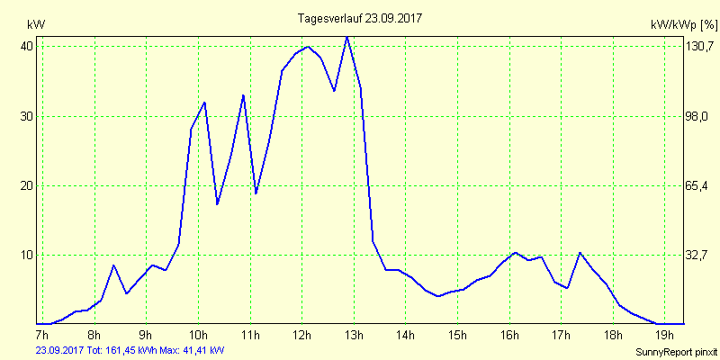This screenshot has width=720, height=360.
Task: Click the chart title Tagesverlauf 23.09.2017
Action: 360,18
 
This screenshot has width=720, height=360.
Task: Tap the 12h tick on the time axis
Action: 302,335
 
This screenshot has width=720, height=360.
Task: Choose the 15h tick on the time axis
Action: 458,335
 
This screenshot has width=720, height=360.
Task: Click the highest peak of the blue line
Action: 347,37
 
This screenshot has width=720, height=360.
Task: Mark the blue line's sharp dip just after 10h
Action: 218,204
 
